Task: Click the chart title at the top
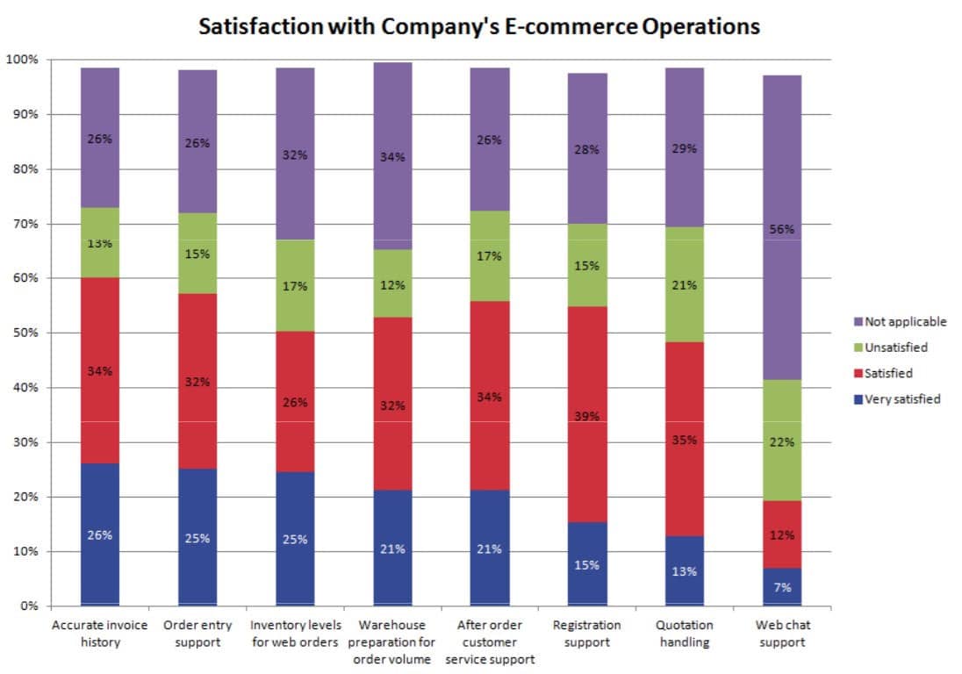(479, 26)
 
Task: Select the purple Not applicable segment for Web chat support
(782, 227)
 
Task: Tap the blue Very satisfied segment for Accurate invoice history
(100, 534)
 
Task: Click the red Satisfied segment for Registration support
(587, 414)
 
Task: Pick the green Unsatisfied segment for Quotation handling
(685, 284)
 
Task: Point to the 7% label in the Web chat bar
(782, 587)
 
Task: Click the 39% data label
(587, 416)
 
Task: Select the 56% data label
(782, 229)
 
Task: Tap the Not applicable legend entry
(900, 321)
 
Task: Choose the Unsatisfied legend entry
(891, 348)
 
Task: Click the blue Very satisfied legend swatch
(858, 399)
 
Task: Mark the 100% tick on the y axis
(22, 60)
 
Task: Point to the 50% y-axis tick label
(25, 333)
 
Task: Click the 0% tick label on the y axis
(29, 606)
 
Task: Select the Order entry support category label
(197, 634)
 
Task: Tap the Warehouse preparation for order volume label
(391, 642)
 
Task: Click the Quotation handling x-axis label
(685, 634)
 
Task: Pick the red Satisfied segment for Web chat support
(782, 534)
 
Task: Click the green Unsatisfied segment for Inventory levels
(295, 286)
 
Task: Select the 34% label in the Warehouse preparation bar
(392, 157)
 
